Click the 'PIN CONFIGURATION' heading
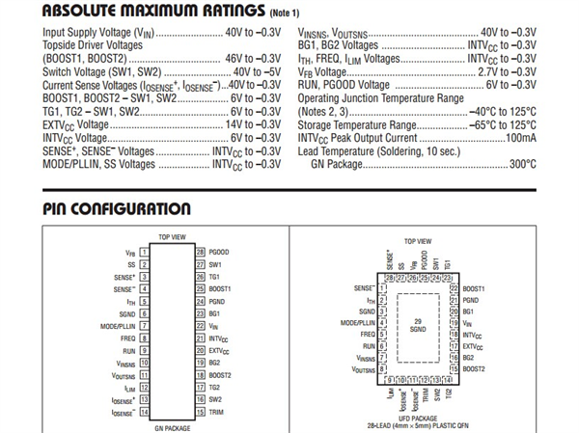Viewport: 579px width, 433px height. coord(117,209)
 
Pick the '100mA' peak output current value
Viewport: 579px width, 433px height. coord(519,138)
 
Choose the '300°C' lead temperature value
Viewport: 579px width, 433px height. coord(522,165)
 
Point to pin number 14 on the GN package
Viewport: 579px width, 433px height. coord(143,412)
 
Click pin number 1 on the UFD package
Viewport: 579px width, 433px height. coord(383,288)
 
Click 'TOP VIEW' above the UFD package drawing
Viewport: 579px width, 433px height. coord(418,241)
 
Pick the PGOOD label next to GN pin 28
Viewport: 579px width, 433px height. coord(219,252)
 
